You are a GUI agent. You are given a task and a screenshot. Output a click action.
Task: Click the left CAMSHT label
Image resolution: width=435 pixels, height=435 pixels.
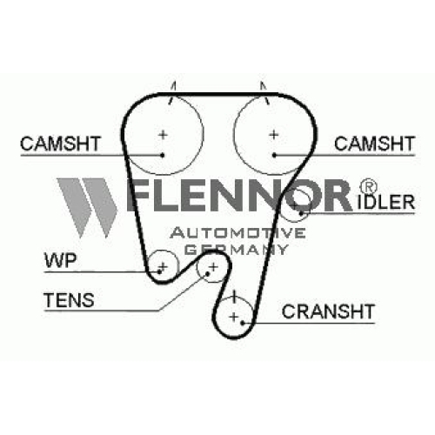click(60, 144)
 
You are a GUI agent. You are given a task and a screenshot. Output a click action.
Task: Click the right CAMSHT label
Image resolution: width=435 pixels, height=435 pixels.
click(374, 144)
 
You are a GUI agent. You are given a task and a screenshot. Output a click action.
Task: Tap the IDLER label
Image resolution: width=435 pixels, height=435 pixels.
click(386, 202)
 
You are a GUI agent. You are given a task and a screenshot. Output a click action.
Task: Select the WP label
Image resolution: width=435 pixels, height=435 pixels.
click(60, 260)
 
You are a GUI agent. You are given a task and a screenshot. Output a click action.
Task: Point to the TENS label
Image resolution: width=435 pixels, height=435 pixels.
click(69, 300)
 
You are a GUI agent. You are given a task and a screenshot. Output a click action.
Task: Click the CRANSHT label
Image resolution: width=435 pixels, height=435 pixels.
click(328, 311)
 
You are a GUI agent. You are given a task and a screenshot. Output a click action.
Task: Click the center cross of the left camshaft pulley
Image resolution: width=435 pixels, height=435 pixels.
click(163, 135)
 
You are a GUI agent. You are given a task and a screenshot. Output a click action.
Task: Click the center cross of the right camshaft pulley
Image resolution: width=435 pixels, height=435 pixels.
click(274, 135)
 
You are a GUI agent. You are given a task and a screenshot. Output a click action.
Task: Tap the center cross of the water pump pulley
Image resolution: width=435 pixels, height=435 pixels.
click(163, 266)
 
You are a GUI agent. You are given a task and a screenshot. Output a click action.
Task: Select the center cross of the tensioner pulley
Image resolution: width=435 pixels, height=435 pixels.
click(213, 267)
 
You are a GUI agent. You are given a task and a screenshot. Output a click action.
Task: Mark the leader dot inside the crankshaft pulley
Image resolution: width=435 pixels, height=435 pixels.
click(243, 323)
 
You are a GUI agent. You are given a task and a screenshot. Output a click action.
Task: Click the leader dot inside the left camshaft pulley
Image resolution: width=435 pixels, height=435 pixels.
click(163, 156)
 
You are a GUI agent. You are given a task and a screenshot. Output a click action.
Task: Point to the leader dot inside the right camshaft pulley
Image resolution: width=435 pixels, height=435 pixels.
click(274, 156)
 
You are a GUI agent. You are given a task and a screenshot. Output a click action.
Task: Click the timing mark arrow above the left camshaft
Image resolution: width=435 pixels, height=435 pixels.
click(173, 92)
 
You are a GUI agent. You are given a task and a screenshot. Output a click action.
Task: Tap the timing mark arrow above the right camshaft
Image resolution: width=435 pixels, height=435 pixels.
click(264, 93)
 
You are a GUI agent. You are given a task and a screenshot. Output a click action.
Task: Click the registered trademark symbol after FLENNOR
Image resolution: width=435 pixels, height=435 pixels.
click(368, 187)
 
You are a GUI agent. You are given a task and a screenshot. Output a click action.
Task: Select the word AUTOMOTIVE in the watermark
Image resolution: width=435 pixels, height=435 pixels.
click(238, 233)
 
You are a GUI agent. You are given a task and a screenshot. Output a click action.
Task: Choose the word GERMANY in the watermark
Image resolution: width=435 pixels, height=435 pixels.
click(237, 249)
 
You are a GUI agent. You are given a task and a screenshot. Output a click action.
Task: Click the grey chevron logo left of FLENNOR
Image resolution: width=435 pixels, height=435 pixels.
click(86, 207)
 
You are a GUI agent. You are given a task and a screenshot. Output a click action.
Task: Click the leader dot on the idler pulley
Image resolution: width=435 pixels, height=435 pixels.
click(301, 213)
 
